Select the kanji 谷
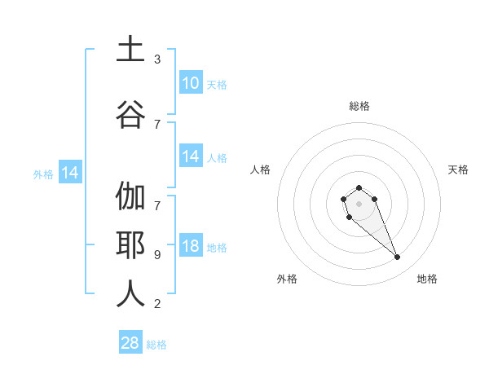tap(130, 115)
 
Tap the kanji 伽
tap(130, 197)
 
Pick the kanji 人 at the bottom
tap(130, 294)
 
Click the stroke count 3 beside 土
tap(157, 59)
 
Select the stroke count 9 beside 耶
tap(157, 254)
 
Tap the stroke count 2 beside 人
tap(157, 304)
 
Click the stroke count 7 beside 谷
tap(157, 124)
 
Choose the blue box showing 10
tap(190, 83)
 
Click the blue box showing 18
tap(190, 247)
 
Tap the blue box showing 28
tap(130, 343)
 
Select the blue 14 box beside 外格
tap(69, 173)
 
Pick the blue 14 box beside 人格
tap(190, 156)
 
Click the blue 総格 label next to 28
tap(157, 345)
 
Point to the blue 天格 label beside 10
tap(217, 84)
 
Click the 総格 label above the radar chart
tap(359, 106)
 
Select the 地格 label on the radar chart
tap(427, 279)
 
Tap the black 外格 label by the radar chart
tap(287, 279)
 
